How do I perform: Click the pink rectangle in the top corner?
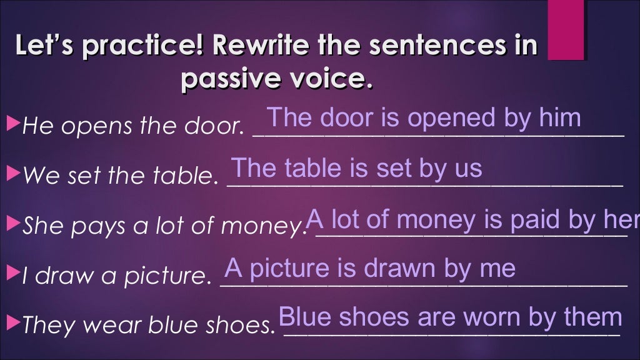566,29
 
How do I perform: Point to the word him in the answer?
559,118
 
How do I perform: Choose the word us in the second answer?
468,169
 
